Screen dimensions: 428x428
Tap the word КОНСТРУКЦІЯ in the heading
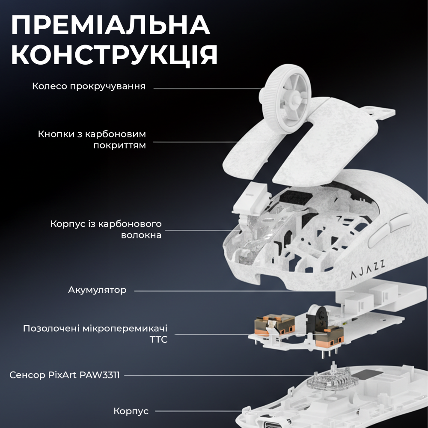coord(115,55)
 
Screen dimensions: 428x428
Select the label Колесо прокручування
coord(89,86)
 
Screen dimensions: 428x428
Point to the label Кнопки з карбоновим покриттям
coord(92,140)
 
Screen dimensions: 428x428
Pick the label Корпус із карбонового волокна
coord(106,229)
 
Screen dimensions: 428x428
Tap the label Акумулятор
coord(97,290)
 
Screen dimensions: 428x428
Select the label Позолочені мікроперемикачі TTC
coord(95,334)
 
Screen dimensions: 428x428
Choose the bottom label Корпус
coord(131,411)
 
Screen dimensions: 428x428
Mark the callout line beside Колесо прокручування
coord(205,88)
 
